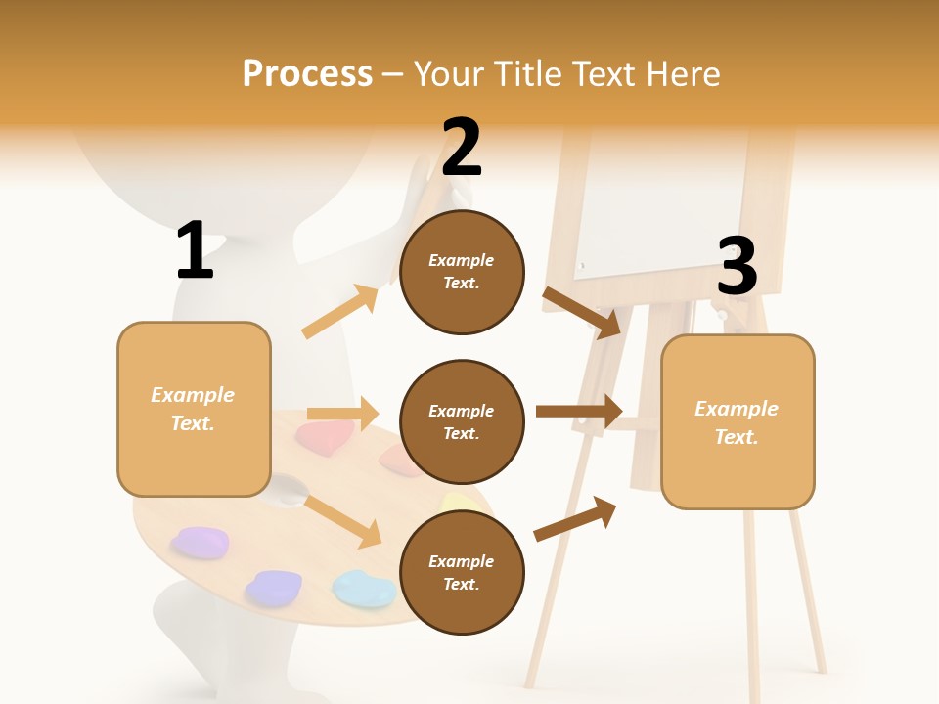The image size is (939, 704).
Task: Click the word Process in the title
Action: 307,74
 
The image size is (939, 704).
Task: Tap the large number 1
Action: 195,250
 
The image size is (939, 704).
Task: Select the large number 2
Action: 462,147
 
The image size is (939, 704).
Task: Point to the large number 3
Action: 737,267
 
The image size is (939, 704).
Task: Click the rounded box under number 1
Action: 194,409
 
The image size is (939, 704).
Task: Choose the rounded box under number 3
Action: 738,421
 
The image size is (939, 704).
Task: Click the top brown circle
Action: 462,272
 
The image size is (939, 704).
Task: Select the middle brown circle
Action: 462,422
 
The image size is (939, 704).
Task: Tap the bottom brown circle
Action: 462,573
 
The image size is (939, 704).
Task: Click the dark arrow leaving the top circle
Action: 582,312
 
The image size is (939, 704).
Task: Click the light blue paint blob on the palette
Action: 364,589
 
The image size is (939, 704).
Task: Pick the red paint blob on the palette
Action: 326,435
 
